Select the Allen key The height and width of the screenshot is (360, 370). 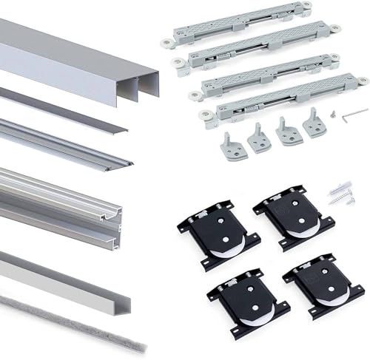[356, 112]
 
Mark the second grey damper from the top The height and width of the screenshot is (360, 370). [255, 49]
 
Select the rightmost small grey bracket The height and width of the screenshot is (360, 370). [315, 121]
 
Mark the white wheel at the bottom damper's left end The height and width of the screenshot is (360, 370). [204, 116]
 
